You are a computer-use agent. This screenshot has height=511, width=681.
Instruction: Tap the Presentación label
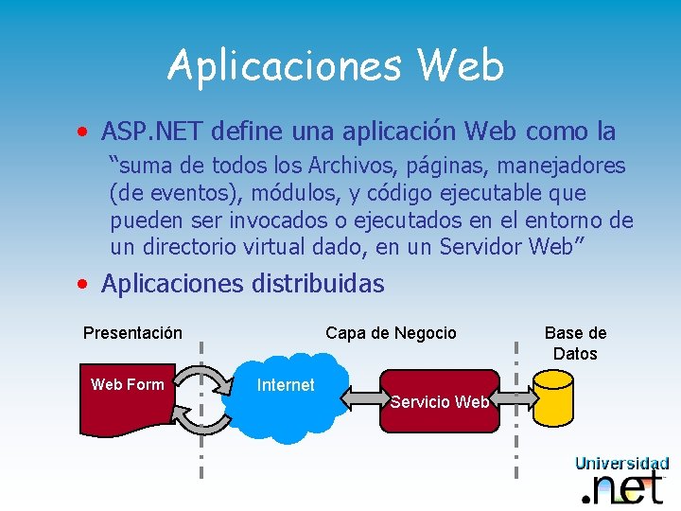[132, 333]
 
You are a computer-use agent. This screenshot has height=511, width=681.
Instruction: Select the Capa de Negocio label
[391, 333]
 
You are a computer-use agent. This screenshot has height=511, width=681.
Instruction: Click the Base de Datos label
[575, 343]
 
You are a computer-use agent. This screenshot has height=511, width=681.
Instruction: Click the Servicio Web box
[439, 401]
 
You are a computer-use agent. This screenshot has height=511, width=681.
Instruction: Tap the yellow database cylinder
[552, 398]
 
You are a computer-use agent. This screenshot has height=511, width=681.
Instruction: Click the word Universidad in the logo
[621, 464]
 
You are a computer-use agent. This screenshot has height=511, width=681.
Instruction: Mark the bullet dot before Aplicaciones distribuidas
[85, 284]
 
